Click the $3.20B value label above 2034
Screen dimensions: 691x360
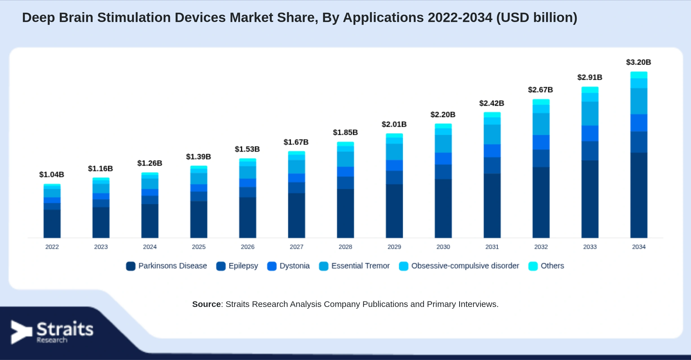pyautogui.click(x=639, y=62)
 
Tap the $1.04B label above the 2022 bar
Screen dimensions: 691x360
pyautogui.click(x=52, y=175)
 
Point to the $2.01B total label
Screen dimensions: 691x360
pyautogui.click(x=394, y=124)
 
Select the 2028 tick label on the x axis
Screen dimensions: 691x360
pyautogui.click(x=345, y=247)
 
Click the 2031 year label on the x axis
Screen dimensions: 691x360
pyautogui.click(x=492, y=247)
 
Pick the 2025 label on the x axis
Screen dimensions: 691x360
pyautogui.click(x=199, y=247)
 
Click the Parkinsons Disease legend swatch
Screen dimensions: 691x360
pyautogui.click(x=131, y=266)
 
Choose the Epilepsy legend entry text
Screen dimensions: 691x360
pyautogui.click(x=243, y=266)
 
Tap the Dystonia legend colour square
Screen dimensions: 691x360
pyautogui.click(x=272, y=266)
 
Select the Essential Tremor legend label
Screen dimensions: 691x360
pyautogui.click(x=360, y=266)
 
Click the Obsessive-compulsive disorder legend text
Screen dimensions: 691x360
pyautogui.click(x=465, y=266)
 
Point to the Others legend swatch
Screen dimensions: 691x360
pyautogui.click(x=533, y=266)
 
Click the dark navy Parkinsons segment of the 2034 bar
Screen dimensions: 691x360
pyautogui.click(x=639, y=195)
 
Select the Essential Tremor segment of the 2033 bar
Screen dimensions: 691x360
pyautogui.click(x=590, y=113)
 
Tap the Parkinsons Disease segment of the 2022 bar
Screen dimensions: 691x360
pyautogui.click(x=52, y=224)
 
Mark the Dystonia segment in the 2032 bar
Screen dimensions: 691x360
pyautogui.click(x=541, y=142)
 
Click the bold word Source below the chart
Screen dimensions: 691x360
pyautogui.click(x=206, y=304)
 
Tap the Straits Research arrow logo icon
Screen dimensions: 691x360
pyautogui.click(x=21, y=332)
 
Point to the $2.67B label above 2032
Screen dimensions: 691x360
pyautogui.click(x=540, y=90)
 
